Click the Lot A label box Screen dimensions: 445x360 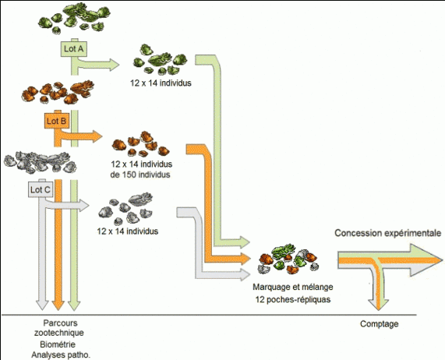pos(74,49)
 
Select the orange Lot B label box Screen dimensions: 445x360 pos(56,121)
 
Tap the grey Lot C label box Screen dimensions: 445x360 pos(41,189)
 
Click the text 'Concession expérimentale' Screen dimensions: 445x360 pos(387,233)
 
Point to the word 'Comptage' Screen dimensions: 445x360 pos(380,323)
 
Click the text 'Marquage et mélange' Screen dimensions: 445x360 pos(293,287)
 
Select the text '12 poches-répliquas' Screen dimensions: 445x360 pos(293,299)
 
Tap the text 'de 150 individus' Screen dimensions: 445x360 pos(140,175)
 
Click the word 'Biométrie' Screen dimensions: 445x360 pos(58,344)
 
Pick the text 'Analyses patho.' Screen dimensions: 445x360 pos(61,355)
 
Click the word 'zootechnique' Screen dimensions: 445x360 pos(59,333)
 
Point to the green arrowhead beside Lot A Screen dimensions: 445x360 pos(114,65)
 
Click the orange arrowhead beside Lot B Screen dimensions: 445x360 pos(97,136)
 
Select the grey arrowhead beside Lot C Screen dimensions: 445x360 pos(84,206)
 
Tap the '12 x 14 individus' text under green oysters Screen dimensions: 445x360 pos(161,83)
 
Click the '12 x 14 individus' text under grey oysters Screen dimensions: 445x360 pos(128,231)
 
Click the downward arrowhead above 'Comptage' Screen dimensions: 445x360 pos(379,305)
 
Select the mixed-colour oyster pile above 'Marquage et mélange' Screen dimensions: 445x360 pos(288,259)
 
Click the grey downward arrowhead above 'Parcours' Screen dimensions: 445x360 pos(43,305)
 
